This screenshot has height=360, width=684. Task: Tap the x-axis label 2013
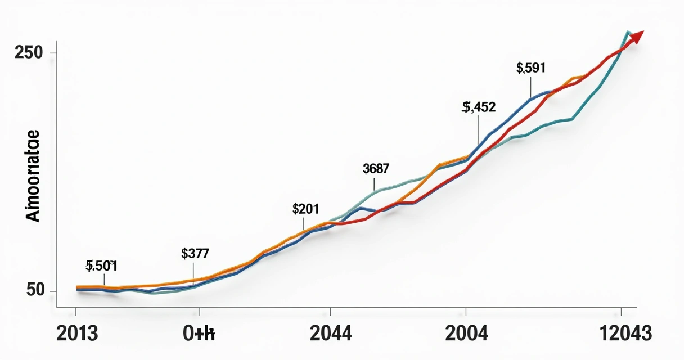[x=77, y=334]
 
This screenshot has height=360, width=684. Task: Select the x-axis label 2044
[x=331, y=334]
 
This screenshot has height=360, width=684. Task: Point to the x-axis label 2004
[x=466, y=334]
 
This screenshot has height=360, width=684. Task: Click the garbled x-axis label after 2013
[x=199, y=334]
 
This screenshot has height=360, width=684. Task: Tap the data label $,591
[x=530, y=69]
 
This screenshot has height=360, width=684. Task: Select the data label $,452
[x=479, y=107]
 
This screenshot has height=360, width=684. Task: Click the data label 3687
[x=376, y=168]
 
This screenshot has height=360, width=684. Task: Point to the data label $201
[x=306, y=209]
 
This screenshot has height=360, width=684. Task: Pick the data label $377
[x=195, y=253]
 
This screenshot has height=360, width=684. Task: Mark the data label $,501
[x=101, y=266]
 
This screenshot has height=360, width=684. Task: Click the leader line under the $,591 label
[x=530, y=87]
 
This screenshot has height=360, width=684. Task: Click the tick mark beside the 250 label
[x=53, y=53]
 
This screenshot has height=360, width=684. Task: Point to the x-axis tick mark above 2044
[x=331, y=311]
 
